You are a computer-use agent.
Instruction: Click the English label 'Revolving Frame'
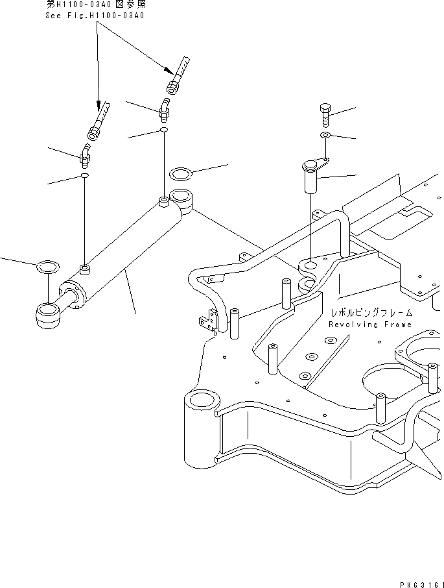369,325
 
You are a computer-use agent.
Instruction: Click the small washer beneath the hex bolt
326,136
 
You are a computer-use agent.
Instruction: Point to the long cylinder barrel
130,253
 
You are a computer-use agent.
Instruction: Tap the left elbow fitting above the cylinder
85,156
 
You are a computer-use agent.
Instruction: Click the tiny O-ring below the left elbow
85,176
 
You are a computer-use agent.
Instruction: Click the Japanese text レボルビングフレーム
370,312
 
